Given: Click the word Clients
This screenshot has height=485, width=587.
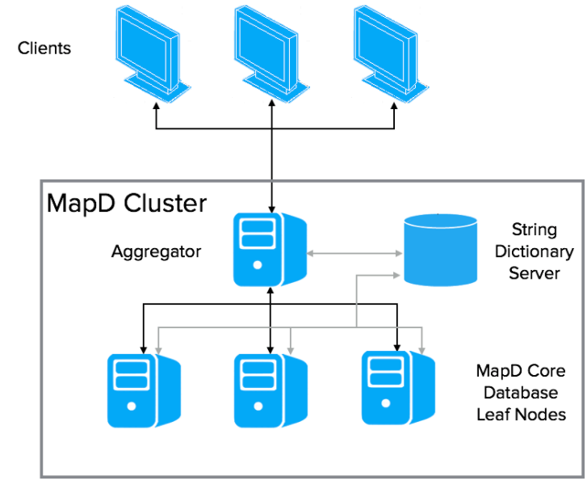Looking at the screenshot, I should (x=44, y=48).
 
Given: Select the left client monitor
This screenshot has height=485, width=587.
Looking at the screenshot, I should (x=151, y=53).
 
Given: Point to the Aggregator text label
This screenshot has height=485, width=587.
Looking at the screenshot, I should (x=156, y=251).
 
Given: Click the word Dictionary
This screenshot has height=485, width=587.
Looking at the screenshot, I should (x=534, y=251).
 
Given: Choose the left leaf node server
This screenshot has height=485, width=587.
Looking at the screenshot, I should (x=142, y=390).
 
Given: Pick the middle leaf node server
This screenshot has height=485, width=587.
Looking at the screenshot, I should (x=270, y=390).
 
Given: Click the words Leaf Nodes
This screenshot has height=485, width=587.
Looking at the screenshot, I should (x=520, y=415).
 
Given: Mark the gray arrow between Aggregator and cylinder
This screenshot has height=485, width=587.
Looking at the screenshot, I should (x=355, y=253).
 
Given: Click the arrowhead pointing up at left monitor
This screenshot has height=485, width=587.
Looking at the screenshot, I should (x=155, y=108).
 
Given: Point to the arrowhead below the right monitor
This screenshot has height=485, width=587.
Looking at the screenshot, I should (x=395, y=108).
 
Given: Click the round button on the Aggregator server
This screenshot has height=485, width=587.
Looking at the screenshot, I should (x=257, y=265).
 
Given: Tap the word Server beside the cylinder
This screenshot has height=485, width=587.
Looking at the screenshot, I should (x=534, y=273).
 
